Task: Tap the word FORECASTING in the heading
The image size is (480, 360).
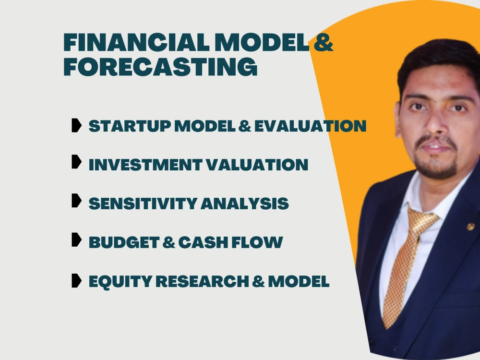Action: (x=160, y=67)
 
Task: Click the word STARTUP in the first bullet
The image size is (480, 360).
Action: (x=130, y=126)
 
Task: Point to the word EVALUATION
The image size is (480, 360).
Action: (x=310, y=126)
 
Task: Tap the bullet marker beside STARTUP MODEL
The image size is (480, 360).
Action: (x=76, y=126)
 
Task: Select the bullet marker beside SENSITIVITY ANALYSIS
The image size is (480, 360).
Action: (x=76, y=201)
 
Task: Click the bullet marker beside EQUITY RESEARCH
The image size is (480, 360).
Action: (x=76, y=280)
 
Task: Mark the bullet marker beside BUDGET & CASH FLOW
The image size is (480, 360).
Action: (x=76, y=240)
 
